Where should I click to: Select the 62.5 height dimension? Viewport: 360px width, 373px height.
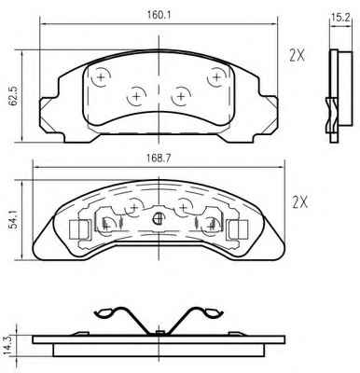pyautogui.click(x=14, y=97)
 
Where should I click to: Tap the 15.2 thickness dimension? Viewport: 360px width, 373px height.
pyautogui.click(x=340, y=18)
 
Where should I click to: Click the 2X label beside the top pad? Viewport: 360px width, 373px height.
pyautogui.click(x=298, y=55)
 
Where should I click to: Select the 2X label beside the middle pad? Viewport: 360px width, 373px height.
pyautogui.click(x=299, y=202)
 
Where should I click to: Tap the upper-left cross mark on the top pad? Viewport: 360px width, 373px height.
pyautogui.click(x=102, y=76)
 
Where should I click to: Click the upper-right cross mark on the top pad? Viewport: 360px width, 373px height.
pyautogui.click(x=216, y=76)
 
